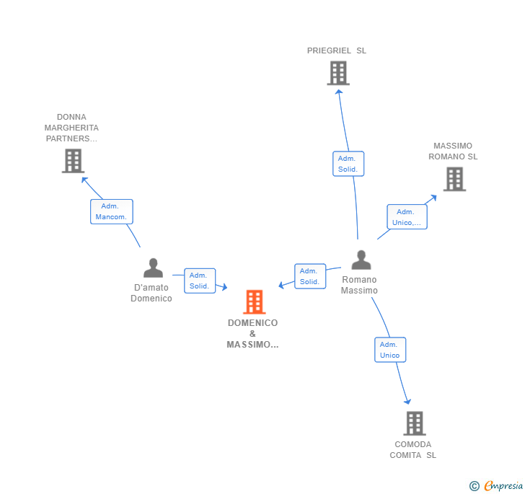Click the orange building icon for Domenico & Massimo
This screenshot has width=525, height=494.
point(254,301)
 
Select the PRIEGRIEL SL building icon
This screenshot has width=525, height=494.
point(337,73)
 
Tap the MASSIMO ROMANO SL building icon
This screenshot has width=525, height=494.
point(454,179)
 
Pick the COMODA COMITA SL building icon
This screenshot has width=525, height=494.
point(414,423)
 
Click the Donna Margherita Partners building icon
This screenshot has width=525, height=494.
point(73,161)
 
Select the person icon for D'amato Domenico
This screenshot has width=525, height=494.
point(153,268)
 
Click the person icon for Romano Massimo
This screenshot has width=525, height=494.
point(361,260)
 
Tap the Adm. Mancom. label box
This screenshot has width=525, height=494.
point(112,211)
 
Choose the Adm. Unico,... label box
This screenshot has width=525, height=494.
point(407,217)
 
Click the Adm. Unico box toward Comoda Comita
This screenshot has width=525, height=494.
point(390,350)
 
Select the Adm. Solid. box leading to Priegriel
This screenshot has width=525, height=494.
point(348,164)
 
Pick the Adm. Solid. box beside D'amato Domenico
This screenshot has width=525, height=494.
point(199,281)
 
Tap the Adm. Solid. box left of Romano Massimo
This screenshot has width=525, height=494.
point(309,276)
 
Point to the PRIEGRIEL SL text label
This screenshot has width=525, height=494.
point(337,50)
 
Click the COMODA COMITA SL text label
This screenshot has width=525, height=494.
point(413,449)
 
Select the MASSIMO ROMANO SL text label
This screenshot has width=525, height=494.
point(453,151)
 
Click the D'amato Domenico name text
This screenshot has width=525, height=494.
point(151,293)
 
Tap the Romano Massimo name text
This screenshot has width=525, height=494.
point(359,285)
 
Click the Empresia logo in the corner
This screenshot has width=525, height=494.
point(497,485)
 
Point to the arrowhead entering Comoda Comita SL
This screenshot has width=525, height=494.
point(407,401)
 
